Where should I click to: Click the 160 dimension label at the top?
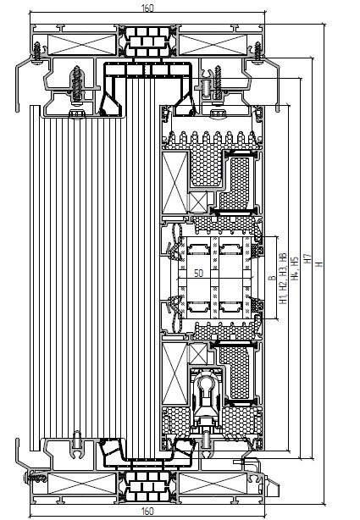(x=147, y=8)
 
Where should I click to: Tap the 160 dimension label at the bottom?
(x=147, y=511)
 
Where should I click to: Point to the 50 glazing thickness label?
(x=198, y=274)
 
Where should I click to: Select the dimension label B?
(x=273, y=278)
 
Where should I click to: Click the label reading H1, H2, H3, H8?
(x=283, y=279)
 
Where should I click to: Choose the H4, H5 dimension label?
(x=295, y=268)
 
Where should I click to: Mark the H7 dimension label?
(x=307, y=258)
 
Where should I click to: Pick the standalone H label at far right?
(x=318, y=264)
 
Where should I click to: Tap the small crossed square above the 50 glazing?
(x=197, y=202)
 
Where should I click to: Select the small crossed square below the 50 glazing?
(x=197, y=355)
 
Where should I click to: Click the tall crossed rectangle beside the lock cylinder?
(x=174, y=373)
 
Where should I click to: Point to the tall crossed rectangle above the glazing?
(x=174, y=183)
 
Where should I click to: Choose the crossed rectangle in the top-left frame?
(x=81, y=44)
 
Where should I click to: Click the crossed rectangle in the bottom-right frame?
(x=213, y=483)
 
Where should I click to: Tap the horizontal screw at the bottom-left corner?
(x=35, y=479)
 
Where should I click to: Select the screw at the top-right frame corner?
(x=258, y=51)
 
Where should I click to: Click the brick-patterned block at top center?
(x=147, y=41)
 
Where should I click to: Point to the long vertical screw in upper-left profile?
(x=77, y=84)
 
